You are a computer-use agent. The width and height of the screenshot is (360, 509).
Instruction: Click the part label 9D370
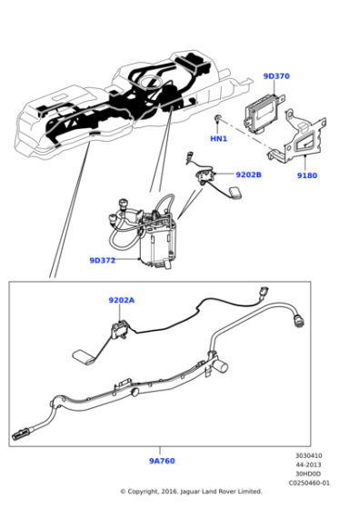(x=276, y=76)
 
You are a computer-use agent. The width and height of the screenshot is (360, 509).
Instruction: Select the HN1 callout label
(x=218, y=138)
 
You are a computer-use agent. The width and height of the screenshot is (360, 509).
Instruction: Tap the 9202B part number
(x=248, y=175)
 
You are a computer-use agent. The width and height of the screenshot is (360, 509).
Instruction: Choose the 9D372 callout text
(x=102, y=260)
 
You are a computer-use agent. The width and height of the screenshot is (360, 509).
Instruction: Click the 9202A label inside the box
(x=121, y=300)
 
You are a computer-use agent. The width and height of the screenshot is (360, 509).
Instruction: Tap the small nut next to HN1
(x=218, y=120)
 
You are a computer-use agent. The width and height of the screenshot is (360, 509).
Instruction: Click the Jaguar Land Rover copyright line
(x=191, y=492)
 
